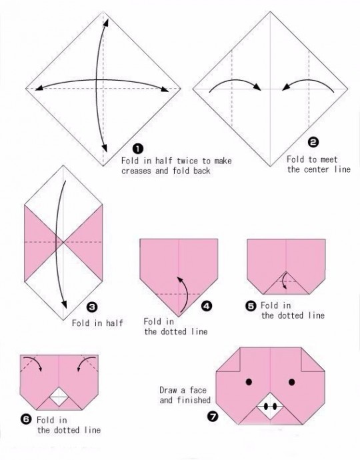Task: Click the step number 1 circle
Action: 138,149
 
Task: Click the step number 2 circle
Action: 313,143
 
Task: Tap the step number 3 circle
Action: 92,307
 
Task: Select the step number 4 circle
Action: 207,306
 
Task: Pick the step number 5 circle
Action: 251,306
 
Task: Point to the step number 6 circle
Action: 26,419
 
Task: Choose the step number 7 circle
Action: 213,416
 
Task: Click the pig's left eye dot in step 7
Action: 249,382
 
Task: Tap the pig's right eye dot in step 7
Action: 291,382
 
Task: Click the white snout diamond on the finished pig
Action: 270,407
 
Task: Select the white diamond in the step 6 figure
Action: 59,397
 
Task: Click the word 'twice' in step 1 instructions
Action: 187,161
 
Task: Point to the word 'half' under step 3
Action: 115,323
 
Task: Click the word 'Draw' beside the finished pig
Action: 169,390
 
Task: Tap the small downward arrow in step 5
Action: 283,281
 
